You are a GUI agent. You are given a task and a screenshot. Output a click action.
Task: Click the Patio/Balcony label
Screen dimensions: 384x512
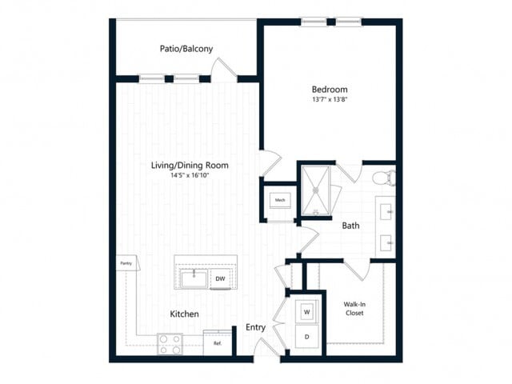coord(186,49)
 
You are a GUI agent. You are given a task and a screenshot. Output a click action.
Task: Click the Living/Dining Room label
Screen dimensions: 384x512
coord(190,166)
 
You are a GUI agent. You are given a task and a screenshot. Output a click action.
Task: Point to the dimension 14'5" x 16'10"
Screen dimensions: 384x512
coord(190,176)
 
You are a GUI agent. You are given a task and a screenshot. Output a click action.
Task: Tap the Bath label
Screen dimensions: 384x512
coord(350,226)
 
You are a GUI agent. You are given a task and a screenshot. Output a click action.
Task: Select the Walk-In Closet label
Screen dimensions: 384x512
coord(356,308)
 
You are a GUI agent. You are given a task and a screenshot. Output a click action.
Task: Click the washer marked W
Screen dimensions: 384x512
coord(306,310)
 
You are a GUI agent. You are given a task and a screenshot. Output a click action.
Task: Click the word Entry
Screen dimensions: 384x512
coord(255,327)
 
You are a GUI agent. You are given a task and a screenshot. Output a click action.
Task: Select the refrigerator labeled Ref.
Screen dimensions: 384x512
coord(216,344)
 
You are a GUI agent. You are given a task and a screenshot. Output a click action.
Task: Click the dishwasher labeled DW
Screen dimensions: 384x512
coord(220,279)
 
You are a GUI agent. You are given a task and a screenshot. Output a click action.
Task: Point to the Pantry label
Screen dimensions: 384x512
coord(126,262)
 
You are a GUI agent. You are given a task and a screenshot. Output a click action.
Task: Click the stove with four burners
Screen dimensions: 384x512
coord(170,344)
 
